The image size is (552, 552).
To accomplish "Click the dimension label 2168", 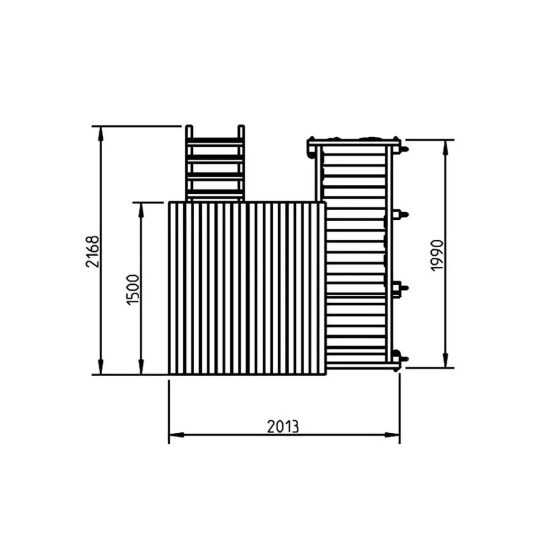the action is [x=92, y=252].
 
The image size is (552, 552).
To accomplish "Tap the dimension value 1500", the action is [x=133, y=290].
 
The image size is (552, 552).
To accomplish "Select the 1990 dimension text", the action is [x=437, y=255].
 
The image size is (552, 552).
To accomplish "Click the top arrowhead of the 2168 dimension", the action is [x=101, y=133].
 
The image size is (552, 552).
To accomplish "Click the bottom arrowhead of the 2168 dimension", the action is [x=101, y=367].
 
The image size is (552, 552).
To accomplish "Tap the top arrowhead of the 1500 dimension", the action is [x=141, y=210].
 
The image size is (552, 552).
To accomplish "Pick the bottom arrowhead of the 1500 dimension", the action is [x=141, y=367].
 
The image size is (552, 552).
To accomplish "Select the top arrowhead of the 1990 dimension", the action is [x=445, y=147].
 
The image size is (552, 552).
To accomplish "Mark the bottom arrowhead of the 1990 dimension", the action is [x=445, y=360].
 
